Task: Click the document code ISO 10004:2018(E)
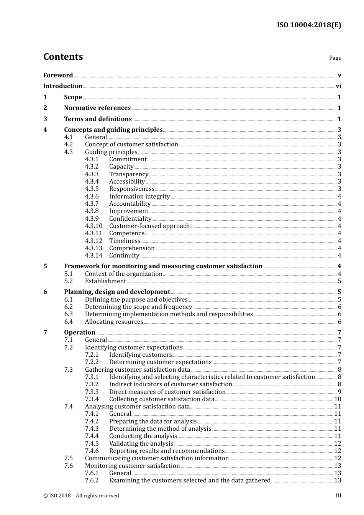coord(309,25)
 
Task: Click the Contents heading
coord(63,57)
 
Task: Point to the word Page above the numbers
coord(335,58)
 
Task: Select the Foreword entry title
coord(58,75)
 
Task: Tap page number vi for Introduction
coord(338,86)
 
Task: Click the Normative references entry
coord(97,108)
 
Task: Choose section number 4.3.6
coord(92,197)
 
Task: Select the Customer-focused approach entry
coord(149,226)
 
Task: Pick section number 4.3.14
coord(93,256)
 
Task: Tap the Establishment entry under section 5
coord(105,281)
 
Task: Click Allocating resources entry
coord(114,322)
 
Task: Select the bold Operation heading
coord(79,333)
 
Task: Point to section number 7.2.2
coord(92,362)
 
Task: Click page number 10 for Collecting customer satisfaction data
coord(338,399)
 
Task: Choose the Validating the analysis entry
coord(141,444)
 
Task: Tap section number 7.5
coord(68,458)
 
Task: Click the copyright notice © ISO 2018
coord(81,496)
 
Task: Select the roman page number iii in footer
coord(338,495)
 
